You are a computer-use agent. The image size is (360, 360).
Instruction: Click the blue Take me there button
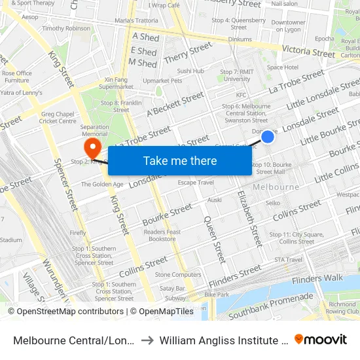point(179,160)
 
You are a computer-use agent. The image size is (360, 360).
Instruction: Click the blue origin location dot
point(268,136)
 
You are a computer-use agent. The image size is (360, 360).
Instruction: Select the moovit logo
point(321,339)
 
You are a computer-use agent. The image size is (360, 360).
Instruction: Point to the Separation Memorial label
point(95,130)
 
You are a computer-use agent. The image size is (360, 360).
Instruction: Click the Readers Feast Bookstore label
point(162,236)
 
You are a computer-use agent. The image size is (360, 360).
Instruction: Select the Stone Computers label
point(178,275)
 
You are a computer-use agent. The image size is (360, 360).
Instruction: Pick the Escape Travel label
point(196,182)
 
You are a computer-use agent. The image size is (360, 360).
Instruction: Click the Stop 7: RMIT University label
point(236,75)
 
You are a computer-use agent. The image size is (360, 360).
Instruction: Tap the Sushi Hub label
point(190,71)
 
